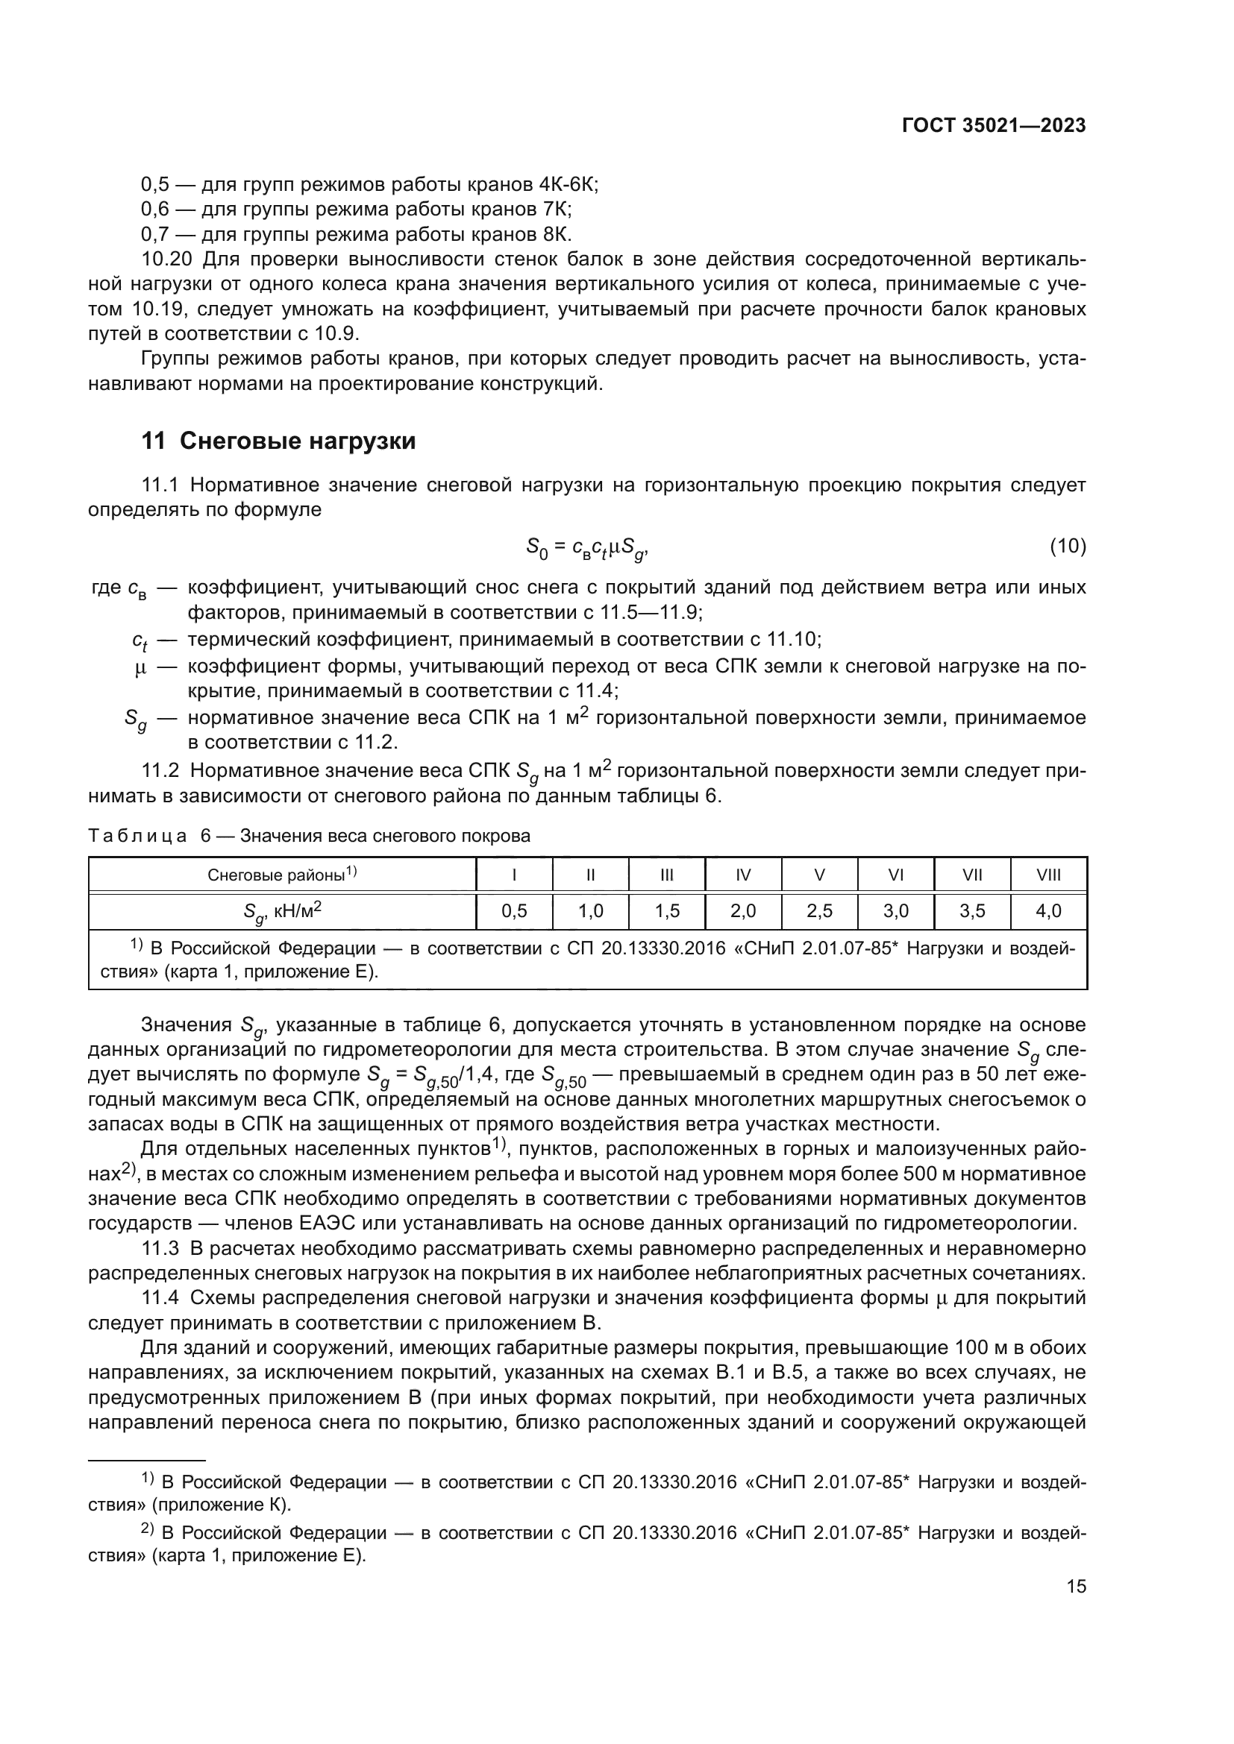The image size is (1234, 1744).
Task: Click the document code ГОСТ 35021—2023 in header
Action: click(993, 126)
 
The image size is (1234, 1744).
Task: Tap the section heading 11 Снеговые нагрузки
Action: click(279, 441)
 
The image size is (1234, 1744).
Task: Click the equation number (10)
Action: click(1067, 545)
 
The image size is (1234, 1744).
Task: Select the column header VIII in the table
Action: click(1047, 875)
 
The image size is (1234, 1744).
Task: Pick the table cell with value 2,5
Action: click(819, 910)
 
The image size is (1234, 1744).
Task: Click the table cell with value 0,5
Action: click(515, 910)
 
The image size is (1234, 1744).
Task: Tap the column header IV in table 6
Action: click(743, 875)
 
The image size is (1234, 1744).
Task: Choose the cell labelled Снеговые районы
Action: click(282, 875)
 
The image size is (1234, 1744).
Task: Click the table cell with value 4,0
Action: click(1047, 910)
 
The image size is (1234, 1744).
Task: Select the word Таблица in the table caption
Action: click(137, 837)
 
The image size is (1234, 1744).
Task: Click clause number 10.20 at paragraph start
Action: click(167, 259)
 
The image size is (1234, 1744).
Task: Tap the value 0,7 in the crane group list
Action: click(155, 234)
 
